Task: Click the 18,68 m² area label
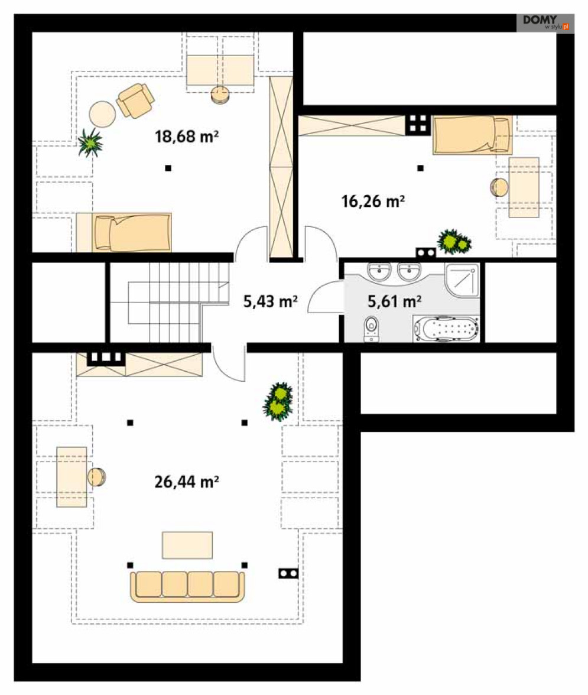[187, 136]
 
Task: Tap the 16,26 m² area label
[373, 201]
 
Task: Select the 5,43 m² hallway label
[270, 301]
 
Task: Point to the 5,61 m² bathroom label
[394, 301]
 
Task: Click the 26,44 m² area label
[187, 481]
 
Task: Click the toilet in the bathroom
[371, 329]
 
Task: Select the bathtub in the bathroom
[446, 329]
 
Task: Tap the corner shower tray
[462, 280]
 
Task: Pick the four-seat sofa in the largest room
[187, 586]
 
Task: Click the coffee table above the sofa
[187, 545]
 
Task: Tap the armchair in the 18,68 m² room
[135, 100]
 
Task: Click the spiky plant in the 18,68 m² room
[90, 142]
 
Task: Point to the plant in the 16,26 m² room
[454, 242]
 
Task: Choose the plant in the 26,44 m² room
[278, 401]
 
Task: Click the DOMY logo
[545, 23]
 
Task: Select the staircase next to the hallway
[169, 303]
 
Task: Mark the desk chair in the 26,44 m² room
[96, 477]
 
